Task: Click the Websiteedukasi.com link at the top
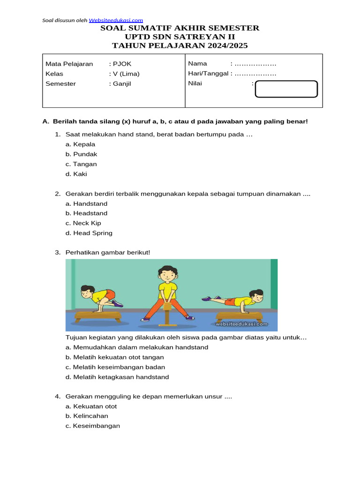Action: tap(116, 20)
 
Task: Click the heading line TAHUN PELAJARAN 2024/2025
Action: tap(180, 45)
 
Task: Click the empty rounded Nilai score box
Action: tap(286, 89)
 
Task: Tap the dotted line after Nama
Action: tap(255, 64)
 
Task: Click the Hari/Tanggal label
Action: tap(208, 74)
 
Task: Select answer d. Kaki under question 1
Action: tap(76, 174)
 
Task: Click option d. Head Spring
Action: tap(89, 233)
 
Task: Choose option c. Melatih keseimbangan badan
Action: tap(115, 367)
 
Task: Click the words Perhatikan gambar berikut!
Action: tap(108, 253)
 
